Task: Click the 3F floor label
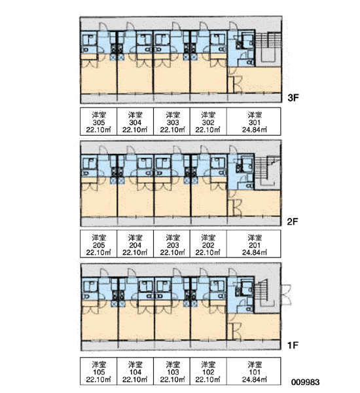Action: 293,98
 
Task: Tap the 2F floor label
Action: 293,221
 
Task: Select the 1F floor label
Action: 293,345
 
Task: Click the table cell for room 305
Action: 98,122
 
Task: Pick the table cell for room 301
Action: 254,122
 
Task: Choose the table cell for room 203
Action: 172,244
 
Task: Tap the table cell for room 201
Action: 254,244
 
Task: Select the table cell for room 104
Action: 135,371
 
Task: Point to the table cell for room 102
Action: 208,371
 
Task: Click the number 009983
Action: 306,383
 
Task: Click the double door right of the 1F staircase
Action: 285,295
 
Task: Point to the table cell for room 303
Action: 172,122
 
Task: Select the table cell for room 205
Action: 98,244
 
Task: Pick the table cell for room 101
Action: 254,371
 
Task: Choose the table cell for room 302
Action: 208,122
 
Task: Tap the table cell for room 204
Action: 135,244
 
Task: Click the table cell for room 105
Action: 98,371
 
